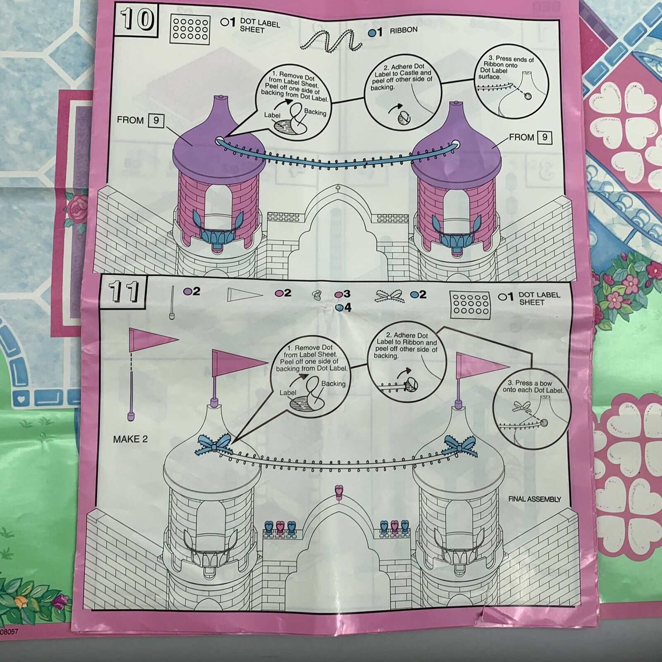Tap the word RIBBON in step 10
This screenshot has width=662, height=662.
click(403, 30)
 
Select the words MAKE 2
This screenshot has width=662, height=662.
click(130, 439)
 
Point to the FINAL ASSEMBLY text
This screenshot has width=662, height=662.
click(535, 499)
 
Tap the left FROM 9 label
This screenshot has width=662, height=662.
click(140, 121)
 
